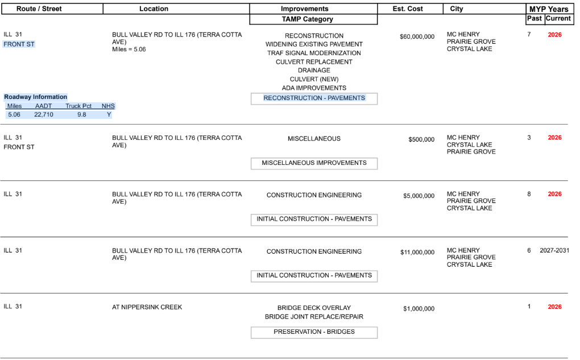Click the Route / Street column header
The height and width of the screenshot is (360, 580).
point(39,9)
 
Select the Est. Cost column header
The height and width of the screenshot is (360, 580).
point(408,9)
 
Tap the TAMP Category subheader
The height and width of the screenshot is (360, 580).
point(313,19)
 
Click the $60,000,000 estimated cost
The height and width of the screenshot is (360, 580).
point(417,37)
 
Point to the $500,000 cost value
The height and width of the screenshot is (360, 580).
point(421,140)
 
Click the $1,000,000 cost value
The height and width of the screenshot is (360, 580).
point(419,309)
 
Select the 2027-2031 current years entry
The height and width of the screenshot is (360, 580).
point(554,250)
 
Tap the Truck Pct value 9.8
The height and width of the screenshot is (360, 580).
point(82,114)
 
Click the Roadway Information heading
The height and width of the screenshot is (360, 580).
point(36,97)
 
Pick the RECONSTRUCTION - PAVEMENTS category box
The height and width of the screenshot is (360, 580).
point(314,98)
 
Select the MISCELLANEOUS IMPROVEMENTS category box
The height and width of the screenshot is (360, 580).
point(314,163)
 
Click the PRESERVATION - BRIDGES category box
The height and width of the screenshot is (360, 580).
point(314,332)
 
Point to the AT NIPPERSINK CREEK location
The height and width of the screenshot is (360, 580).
point(147,307)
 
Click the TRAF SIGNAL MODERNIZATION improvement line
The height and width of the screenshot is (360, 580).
point(314,53)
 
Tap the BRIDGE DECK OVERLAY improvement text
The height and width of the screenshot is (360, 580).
point(314,308)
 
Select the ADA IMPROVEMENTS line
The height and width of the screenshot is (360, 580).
point(314,88)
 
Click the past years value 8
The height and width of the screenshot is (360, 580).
point(529,194)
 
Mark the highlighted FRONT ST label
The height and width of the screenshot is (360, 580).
point(19,44)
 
